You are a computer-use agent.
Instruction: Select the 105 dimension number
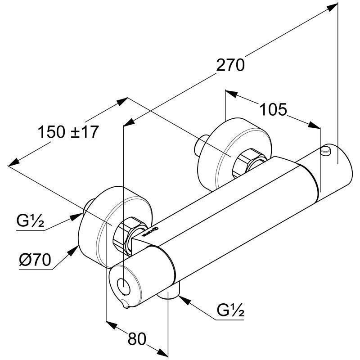point(273,109)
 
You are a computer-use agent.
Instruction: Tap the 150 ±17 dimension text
point(68,132)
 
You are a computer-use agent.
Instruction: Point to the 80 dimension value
point(137,339)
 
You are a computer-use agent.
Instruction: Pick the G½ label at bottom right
point(230,310)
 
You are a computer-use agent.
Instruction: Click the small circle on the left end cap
point(122,285)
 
